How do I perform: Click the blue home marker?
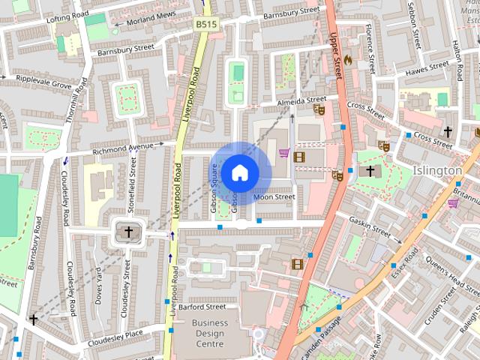point(239,172)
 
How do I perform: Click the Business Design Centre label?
point(208,333)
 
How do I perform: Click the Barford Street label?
point(202,307)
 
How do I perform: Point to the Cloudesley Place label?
point(113,333)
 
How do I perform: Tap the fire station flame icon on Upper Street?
point(347,58)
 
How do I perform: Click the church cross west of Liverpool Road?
point(128,232)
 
